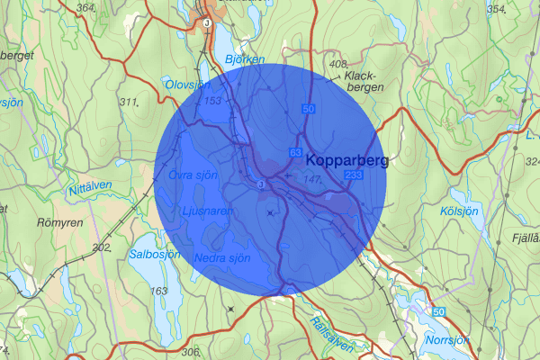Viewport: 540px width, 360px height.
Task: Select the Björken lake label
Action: (246, 59)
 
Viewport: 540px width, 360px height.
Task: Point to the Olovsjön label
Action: (187, 84)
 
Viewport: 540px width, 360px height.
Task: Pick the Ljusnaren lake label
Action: (208, 211)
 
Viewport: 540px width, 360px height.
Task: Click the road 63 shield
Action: (294, 153)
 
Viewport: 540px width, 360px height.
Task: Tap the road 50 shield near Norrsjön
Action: (437, 311)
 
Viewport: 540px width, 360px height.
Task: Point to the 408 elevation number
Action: (338, 64)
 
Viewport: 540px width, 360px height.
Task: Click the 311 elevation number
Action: (129, 101)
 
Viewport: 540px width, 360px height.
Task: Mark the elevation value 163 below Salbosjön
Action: (159, 291)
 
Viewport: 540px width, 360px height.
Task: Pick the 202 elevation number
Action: (101, 247)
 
